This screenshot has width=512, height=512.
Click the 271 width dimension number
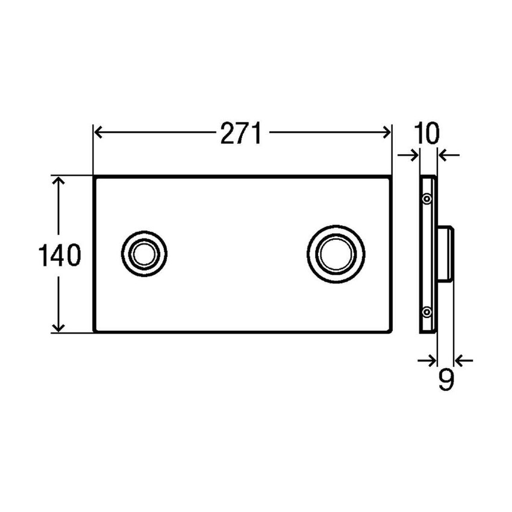pyautogui.click(x=241, y=133)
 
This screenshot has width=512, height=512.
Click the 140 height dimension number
pyautogui.click(x=60, y=255)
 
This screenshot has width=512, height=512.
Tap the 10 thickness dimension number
pyautogui.click(x=427, y=134)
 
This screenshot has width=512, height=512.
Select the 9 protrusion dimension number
pyautogui.click(x=446, y=380)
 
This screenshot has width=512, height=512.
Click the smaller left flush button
pyautogui.click(x=144, y=254)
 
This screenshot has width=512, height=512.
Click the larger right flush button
pyautogui.click(x=336, y=254)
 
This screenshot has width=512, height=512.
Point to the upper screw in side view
pyautogui.click(x=427, y=199)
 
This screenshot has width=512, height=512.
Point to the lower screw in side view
pyautogui.click(x=427, y=312)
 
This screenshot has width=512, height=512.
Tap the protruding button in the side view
pyautogui.click(x=446, y=254)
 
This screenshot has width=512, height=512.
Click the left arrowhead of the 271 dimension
pyautogui.click(x=98, y=133)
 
